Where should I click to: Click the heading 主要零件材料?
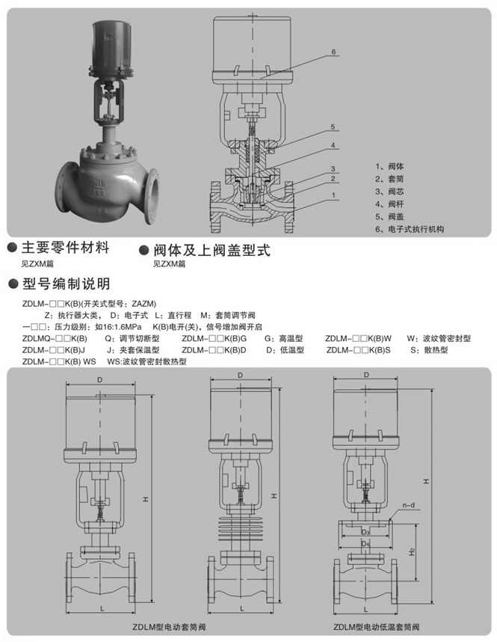point(67,248)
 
